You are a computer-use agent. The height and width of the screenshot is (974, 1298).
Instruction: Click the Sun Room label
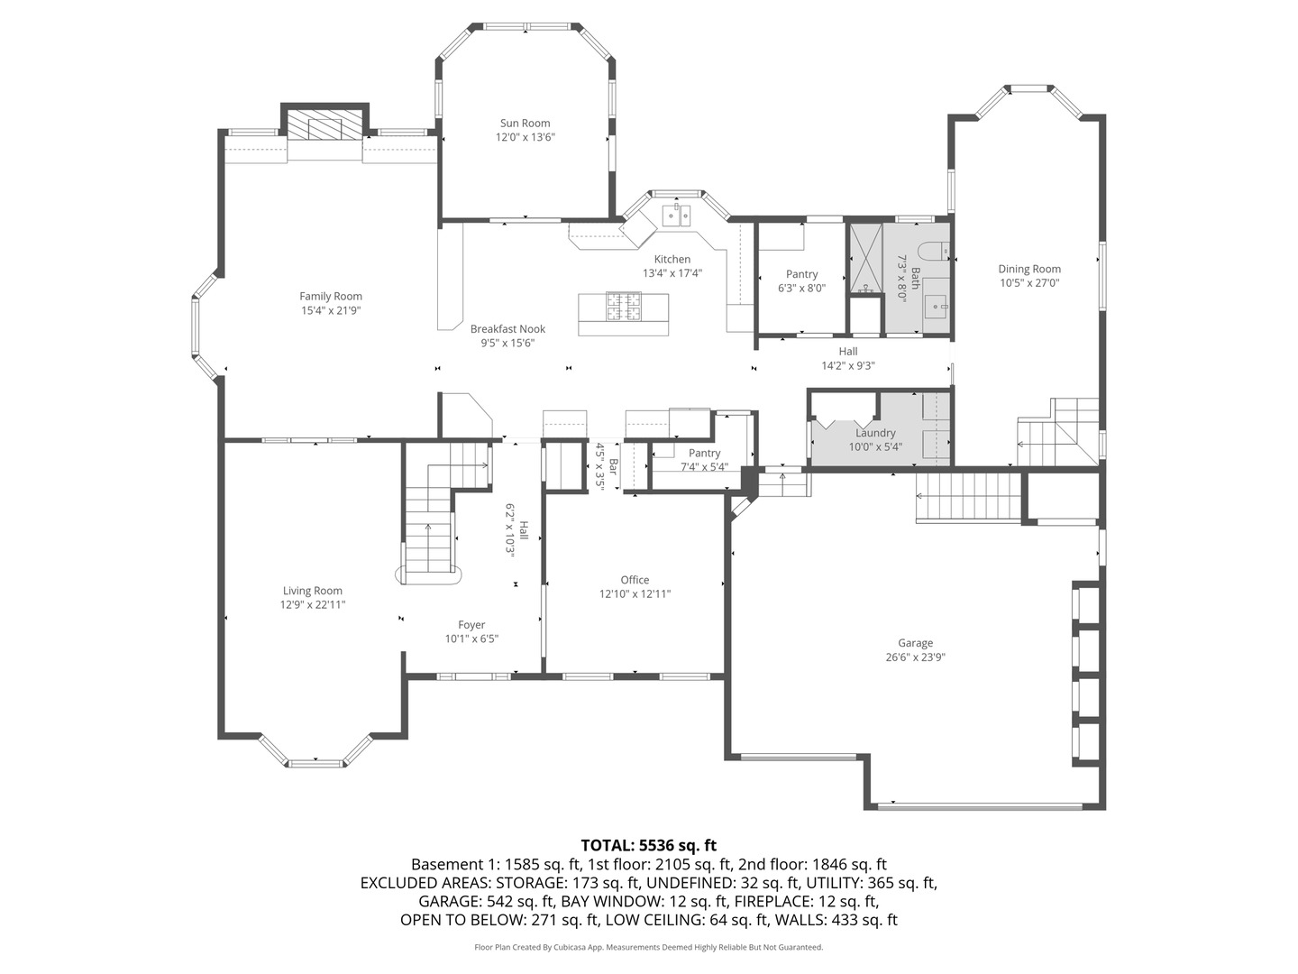tap(525, 124)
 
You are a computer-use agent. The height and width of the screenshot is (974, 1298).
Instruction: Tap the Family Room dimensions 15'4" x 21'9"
tap(331, 310)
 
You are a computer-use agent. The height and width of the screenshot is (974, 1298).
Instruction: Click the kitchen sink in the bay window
tap(676, 215)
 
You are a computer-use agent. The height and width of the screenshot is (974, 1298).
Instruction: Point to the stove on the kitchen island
tap(623, 307)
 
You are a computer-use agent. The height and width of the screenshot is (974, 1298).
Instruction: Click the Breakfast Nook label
tap(507, 329)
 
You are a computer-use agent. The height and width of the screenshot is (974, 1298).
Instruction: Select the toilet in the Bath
tap(929, 250)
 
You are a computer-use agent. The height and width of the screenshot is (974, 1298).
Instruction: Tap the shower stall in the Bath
tap(864, 258)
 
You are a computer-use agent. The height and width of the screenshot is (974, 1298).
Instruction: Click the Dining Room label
tap(1029, 269)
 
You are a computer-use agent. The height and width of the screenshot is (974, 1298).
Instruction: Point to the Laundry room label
tap(875, 433)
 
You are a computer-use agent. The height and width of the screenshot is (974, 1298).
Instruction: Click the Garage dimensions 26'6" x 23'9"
tap(915, 657)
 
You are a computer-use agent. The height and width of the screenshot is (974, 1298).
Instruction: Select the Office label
tap(635, 580)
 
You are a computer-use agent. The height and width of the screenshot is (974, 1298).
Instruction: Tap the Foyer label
tap(471, 625)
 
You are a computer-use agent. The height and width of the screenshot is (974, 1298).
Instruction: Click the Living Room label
tap(313, 591)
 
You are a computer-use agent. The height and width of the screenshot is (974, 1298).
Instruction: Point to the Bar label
tap(613, 466)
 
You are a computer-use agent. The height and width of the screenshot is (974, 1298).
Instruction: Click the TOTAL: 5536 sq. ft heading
tap(648, 845)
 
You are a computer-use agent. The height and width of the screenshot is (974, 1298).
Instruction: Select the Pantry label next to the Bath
tap(801, 274)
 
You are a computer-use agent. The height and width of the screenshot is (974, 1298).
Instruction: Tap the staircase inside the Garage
tap(968, 497)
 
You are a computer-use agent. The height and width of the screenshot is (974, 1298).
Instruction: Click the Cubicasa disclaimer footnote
tap(648, 947)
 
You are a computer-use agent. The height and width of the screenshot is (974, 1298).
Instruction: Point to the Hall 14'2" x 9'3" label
tap(848, 352)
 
